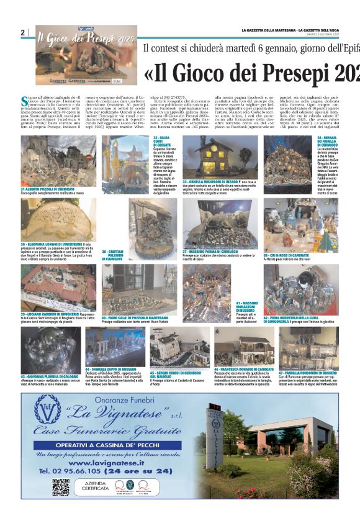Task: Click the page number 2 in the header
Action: click(22, 33)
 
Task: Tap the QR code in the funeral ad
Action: click(60, 487)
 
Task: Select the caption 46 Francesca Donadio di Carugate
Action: click(244, 368)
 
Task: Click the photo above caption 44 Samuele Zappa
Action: click(115, 347)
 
